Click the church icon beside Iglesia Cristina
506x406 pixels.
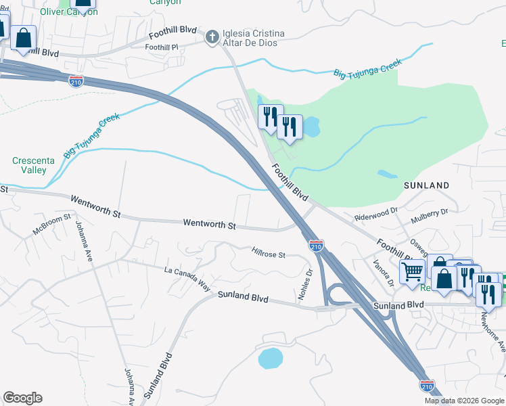(x=212, y=36)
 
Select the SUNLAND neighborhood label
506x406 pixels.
(x=426, y=185)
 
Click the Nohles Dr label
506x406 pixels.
(x=304, y=285)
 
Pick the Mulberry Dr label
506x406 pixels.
(x=430, y=211)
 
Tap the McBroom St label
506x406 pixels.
(x=52, y=225)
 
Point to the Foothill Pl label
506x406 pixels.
(x=161, y=47)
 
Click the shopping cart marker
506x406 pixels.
(x=412, y=272)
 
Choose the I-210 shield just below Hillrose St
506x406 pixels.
(x=316, y=246)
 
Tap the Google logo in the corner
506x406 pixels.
(x=22, y=398)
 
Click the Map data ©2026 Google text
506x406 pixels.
(x=464, y=401)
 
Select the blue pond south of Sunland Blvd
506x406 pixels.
(x=271, y=358)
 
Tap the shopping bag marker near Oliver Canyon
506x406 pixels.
(x=23, y=39)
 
